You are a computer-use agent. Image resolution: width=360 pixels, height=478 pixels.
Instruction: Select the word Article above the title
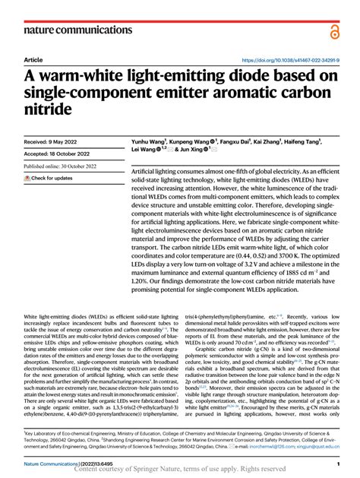click(x=33, y=59)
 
